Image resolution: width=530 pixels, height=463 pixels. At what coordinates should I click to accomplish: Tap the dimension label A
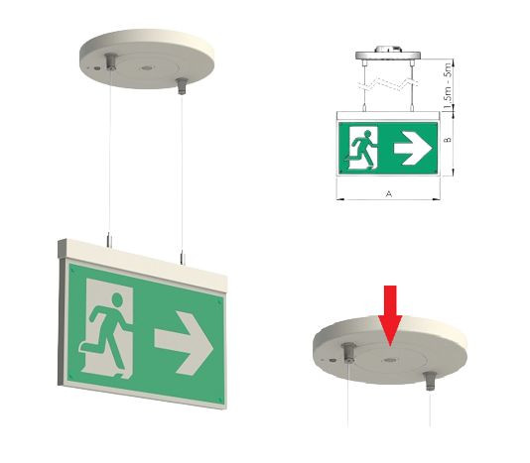tap(389, 194)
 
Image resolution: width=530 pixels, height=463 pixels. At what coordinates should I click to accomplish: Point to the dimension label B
tap(448, 139)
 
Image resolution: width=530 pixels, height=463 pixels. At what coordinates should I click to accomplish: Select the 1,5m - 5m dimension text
tap(448, 86)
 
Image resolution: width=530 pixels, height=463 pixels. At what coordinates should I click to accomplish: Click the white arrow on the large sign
tap(184, 343)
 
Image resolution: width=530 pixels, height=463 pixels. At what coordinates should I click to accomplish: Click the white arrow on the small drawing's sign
tap(413, 149)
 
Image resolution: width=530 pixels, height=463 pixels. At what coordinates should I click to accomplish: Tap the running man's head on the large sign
tap(117, 299)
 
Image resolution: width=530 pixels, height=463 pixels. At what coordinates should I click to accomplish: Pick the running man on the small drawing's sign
tap(361, 149)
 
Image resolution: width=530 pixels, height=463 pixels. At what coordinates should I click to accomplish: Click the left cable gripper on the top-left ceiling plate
tap(110, 61)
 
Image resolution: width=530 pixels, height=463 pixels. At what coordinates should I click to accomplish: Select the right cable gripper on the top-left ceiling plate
tap(183, 86)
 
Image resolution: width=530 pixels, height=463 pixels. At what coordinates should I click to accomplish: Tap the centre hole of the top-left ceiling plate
tap(146, 68)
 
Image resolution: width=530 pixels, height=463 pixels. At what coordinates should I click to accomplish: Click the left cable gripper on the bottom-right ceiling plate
tap(348, 352)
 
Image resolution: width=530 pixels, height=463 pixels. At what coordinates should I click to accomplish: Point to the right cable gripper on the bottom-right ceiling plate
tap(430, 381)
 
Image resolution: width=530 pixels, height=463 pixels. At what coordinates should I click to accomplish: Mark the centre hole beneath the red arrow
tap(390, 360)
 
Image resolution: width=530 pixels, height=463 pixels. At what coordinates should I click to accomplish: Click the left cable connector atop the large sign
tap(109, 240)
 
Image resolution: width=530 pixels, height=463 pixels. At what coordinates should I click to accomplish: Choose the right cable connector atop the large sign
tap(183, 257)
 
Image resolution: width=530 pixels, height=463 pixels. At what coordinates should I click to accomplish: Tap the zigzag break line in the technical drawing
tap(387, 84)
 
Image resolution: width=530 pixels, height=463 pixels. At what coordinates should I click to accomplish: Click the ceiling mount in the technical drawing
tap(388, 54)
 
